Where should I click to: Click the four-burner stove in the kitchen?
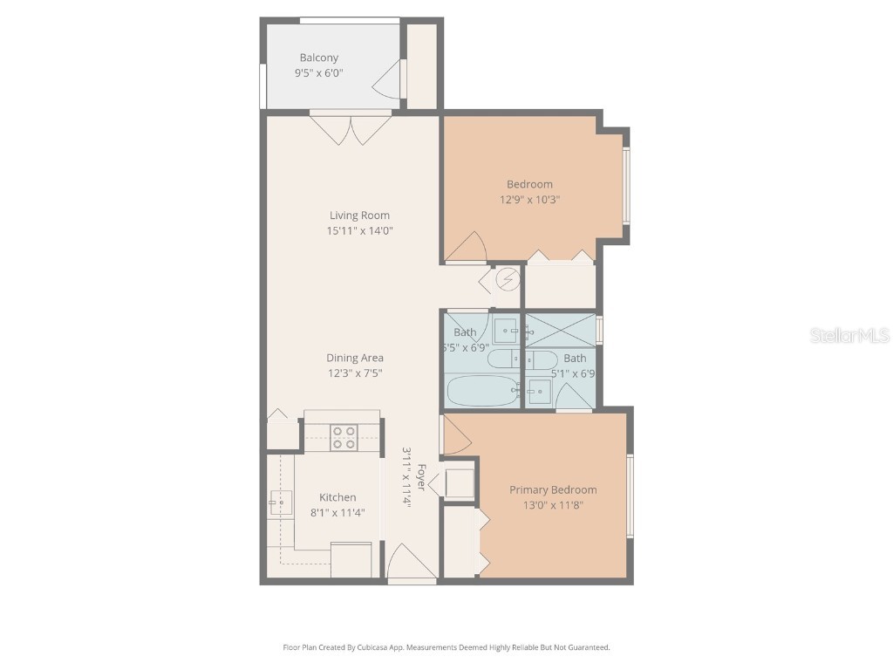(344, 436)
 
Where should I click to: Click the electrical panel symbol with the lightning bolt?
(507, 280)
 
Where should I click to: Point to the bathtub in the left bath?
(482, 391)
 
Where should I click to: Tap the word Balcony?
(318, 58)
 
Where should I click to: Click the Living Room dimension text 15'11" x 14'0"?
(358, 231)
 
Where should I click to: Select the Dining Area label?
(355, 358)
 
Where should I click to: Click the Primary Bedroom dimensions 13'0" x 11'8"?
(553, 505)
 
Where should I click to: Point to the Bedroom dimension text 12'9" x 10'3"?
(529, 199)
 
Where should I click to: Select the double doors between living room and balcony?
(351, 130)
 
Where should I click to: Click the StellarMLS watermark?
(849, 335)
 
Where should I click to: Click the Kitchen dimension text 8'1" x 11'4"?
(337, 512)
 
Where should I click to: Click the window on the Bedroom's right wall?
(625, 186)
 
